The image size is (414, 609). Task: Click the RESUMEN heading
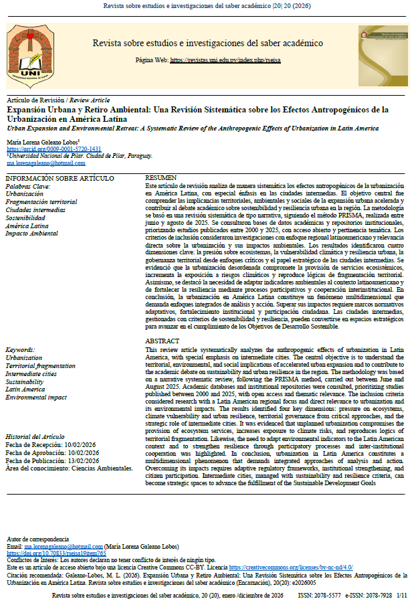pyautogui.click(x=161, y=177)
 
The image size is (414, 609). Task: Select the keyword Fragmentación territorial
pyautogui.click(x=41, y=201)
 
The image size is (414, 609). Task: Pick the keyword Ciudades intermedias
pyautogui.click(x=35, y=209)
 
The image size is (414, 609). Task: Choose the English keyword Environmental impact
pyautogui.click(x=36, y=397)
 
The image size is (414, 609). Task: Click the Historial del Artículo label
pyautogui.click(x=37, y=436)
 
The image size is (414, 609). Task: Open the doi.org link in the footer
pyautogui.click(x=56, y=553)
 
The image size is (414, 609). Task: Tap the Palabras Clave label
pyautogui.click(x=29, y=185)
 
